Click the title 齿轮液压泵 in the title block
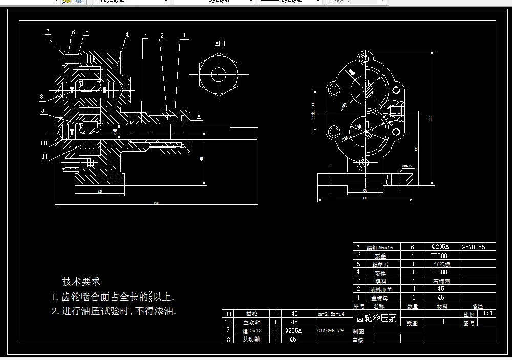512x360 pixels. [x=376, y=318]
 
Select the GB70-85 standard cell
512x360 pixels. [x=473, y=247]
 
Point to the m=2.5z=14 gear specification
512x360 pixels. [x=331, y=314]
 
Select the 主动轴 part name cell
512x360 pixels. [x=252, y=322]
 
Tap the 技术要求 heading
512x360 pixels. [x=81, y=281]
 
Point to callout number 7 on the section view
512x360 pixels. [x=48, y=32]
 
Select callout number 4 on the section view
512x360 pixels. [x=127, y=35]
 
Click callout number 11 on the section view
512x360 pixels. [x=45, y=157]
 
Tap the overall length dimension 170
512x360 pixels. [x=156, y=204]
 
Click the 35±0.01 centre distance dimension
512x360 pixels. [x=314, y=111]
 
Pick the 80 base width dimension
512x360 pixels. [x=365, y=198]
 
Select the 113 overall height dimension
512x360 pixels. [x=430, y=118]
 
